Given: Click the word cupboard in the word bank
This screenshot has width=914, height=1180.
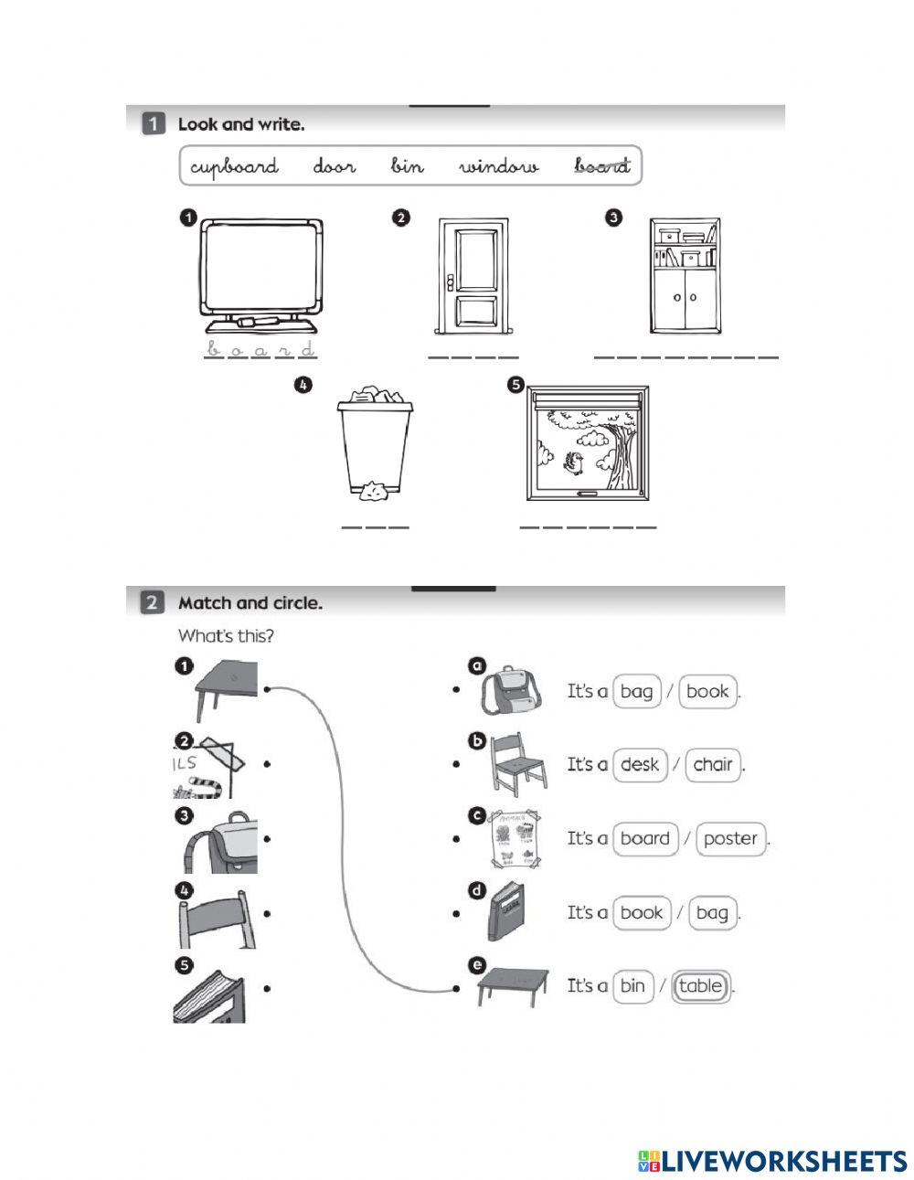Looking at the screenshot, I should (234, 166).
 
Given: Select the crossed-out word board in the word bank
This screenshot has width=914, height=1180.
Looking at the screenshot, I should (601, 165).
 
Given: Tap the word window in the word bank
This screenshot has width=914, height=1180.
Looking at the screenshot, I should (499, 166).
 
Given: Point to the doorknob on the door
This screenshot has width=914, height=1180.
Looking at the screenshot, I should (451, 280).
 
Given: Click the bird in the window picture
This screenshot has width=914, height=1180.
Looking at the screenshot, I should (575, 463).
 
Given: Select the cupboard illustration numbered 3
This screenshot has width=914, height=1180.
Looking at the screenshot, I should (685, 276).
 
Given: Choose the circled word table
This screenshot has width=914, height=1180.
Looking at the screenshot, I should (701, 986).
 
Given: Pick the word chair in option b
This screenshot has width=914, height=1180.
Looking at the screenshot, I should (713, 764).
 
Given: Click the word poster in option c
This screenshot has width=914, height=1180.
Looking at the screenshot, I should (731, 838).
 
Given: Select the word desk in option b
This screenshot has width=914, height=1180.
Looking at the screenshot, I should (639, 764).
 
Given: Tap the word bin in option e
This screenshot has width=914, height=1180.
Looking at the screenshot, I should (632, 986).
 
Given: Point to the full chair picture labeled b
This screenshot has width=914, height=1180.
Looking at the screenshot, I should (517, 764).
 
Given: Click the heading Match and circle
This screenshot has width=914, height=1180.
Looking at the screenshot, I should (250, 603).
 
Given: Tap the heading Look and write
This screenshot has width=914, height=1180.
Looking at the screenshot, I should (240, 124).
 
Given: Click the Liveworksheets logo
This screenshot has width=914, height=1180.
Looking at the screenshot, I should (772, 1161).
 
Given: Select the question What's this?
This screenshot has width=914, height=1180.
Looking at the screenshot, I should (226, 635).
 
